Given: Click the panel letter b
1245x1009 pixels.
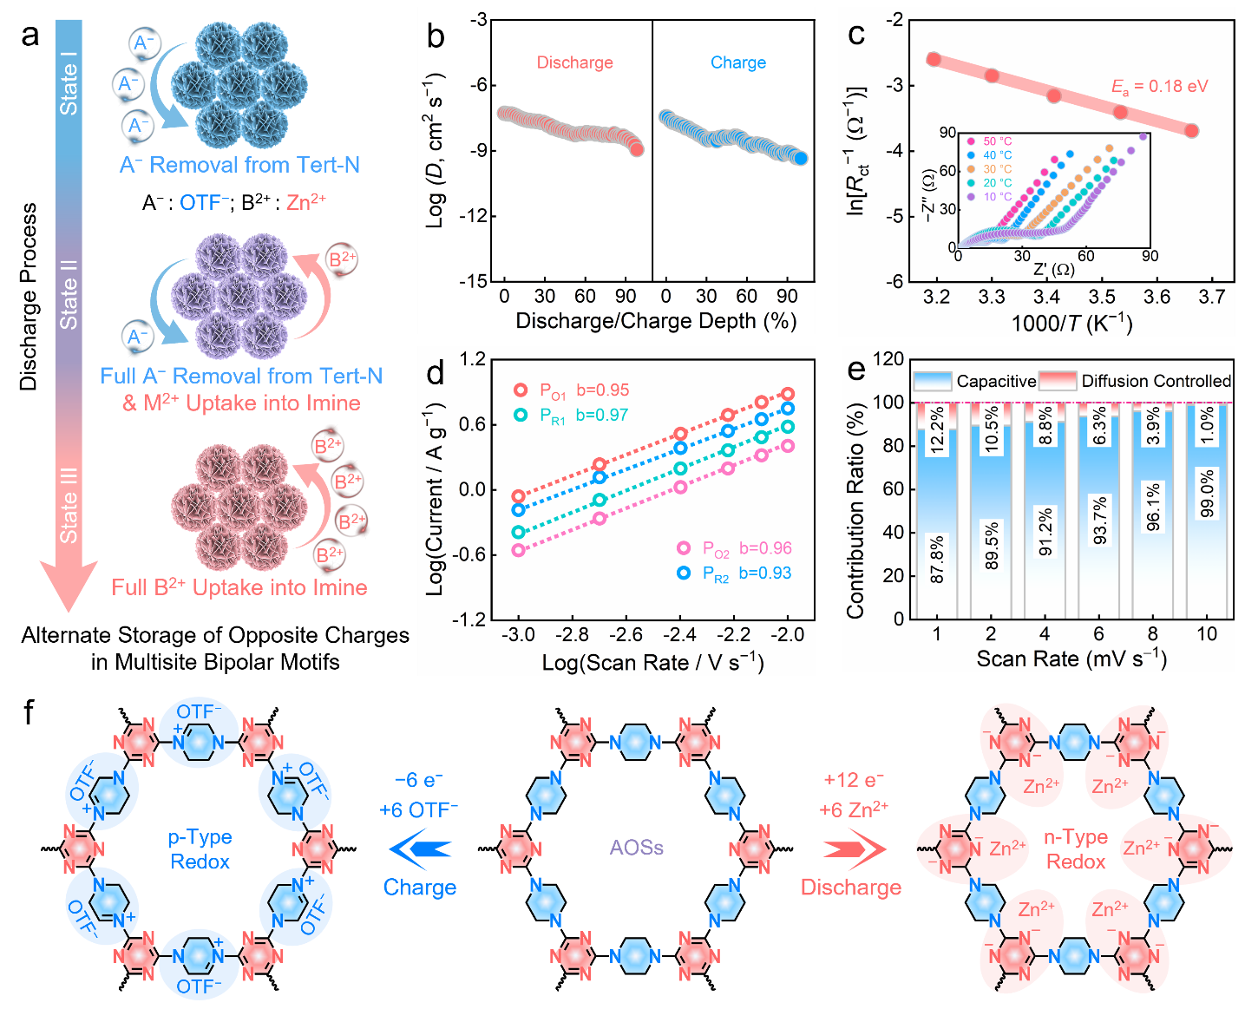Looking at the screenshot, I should pyautogui.click(x=436, y=36).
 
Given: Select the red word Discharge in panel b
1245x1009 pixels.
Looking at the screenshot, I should pyautogui.click(x=574, y=62).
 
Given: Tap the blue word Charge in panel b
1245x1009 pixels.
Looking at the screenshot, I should pyautogui.click(x=738, y=62).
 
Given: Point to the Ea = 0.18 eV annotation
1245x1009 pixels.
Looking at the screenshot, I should pyautogui.click(x=1159, y=87).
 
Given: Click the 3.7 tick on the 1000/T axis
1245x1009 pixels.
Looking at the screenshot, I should pyautogui.click(x=1211, y=298).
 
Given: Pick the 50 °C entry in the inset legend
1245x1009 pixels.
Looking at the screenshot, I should pyautogui.click(x=997, y=141).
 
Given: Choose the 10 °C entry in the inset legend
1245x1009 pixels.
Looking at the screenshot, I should pyautogui.click(x=997, y=197).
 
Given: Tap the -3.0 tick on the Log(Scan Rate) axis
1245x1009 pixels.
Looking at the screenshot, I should pyautogui.click(x=518, y=635).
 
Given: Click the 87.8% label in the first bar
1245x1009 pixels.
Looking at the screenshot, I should pyautogui.click(x=937, y=560).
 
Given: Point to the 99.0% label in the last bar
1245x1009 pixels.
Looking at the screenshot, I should pyautogui.click(x=1207, y=494).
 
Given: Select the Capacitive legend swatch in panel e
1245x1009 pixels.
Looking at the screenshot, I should pyautogui.click(x=933, y=381).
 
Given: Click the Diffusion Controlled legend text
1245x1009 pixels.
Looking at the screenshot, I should pyautogui.click(x=1156, y=381).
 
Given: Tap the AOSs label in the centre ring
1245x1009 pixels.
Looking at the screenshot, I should pyautogui.click(x=636, y=848).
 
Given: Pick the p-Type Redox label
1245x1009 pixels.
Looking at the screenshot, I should pyautogui.click(x=200, y=849).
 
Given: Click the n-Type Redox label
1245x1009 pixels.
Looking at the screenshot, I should pyautogui.click(x=1075, y=849).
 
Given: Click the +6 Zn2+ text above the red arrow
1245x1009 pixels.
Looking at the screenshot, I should pyautogui.click(x=854, y=810).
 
